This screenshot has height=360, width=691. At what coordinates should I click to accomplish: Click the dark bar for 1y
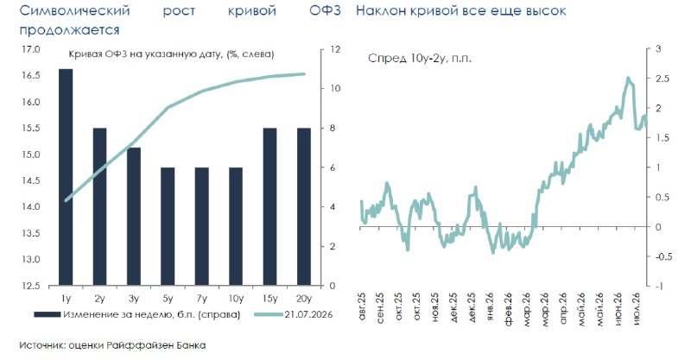pos(66,177)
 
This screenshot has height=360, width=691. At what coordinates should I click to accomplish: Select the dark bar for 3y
pos(134,217)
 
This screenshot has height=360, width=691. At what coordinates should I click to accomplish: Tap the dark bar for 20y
pos(304,206)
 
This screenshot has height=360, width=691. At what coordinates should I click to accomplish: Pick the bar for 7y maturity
pos(202,226)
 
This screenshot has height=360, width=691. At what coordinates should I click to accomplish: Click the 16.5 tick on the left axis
pos(31,75)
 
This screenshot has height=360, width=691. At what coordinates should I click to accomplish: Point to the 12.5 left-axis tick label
pos(31,286)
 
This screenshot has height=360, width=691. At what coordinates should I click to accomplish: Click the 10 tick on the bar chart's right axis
pos(335,88)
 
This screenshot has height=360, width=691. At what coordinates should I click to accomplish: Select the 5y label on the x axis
pos(168,299)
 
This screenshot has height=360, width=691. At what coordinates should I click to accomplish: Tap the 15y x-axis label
pos(269,299)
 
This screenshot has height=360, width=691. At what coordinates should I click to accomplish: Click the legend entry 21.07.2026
pos(308,314)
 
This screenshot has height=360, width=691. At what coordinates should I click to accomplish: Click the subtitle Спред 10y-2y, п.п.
pos(420,58)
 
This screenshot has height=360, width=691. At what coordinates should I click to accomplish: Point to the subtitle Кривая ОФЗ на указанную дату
pos(145,54)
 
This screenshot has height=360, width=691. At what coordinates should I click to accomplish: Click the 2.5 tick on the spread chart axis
pos(662,79)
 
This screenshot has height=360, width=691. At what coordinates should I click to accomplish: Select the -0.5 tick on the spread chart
pos(662,256)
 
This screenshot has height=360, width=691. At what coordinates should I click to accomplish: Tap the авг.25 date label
pos(362,305)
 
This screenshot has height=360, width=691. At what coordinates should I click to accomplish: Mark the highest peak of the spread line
pos(628,78)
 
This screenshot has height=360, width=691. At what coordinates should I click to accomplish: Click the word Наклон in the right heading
pos(380,10)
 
